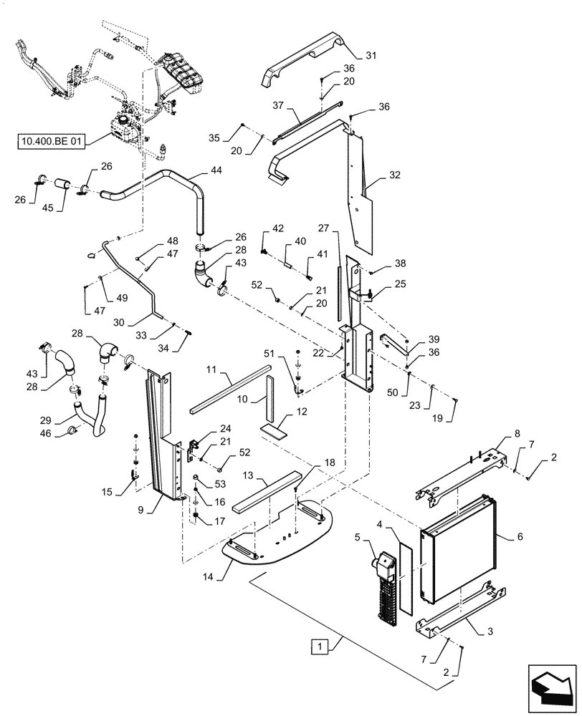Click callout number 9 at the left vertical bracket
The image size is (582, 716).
(x=141, y=511)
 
